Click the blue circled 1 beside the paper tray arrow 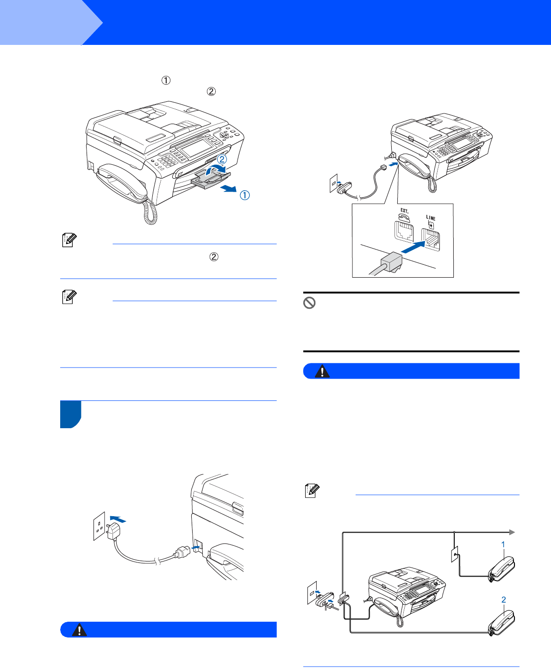click(245, 195)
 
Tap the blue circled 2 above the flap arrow click(222, 159)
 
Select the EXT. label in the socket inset click(404, 211)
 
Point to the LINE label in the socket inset click(431, 218)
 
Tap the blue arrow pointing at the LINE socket click(413, 247)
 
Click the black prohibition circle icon click(309, 303)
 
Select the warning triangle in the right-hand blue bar click(322, 371)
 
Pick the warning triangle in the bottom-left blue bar click(79, 629)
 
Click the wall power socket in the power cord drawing click(99, 526)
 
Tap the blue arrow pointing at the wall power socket click(118, 519)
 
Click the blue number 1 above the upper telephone click(503, 544)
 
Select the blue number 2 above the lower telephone click(504, 599)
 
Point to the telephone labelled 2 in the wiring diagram click(501, 623)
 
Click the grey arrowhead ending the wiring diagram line click(512, 532)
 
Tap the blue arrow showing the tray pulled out click(228, 188)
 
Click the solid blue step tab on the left click(70, 414)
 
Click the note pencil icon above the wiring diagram click(312, 491)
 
